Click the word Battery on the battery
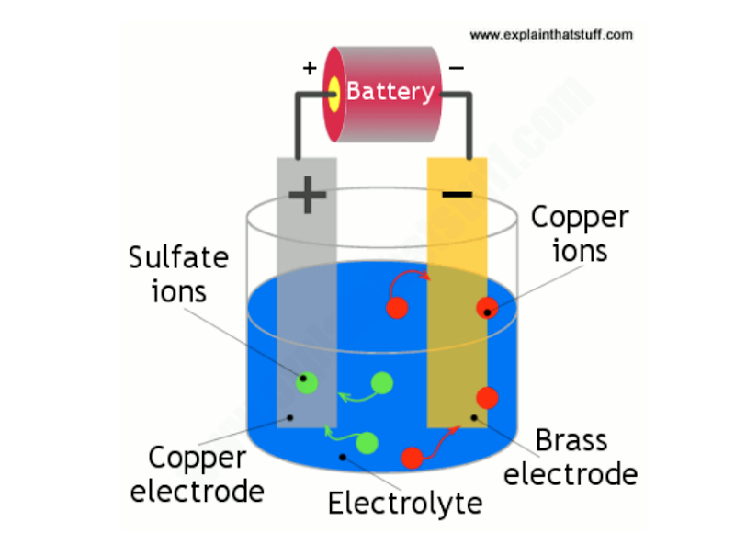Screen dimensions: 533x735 click(x=390, y=91)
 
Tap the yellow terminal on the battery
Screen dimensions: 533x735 click(x=333, y=92)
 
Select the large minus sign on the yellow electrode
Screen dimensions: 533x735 click(x=457, y=194)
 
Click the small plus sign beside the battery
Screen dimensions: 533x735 click(x=310, y=67)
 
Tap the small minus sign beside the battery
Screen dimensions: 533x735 click(x=457, y=66)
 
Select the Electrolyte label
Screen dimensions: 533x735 click(x=405, y=504)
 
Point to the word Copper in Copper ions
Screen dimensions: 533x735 click(x=580, y=218)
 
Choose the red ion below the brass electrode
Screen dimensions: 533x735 click(x=413, y=457)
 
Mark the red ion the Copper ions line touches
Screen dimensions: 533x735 click(x=486, y=308)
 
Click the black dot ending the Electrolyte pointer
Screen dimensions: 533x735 click(x=343, y=456)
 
